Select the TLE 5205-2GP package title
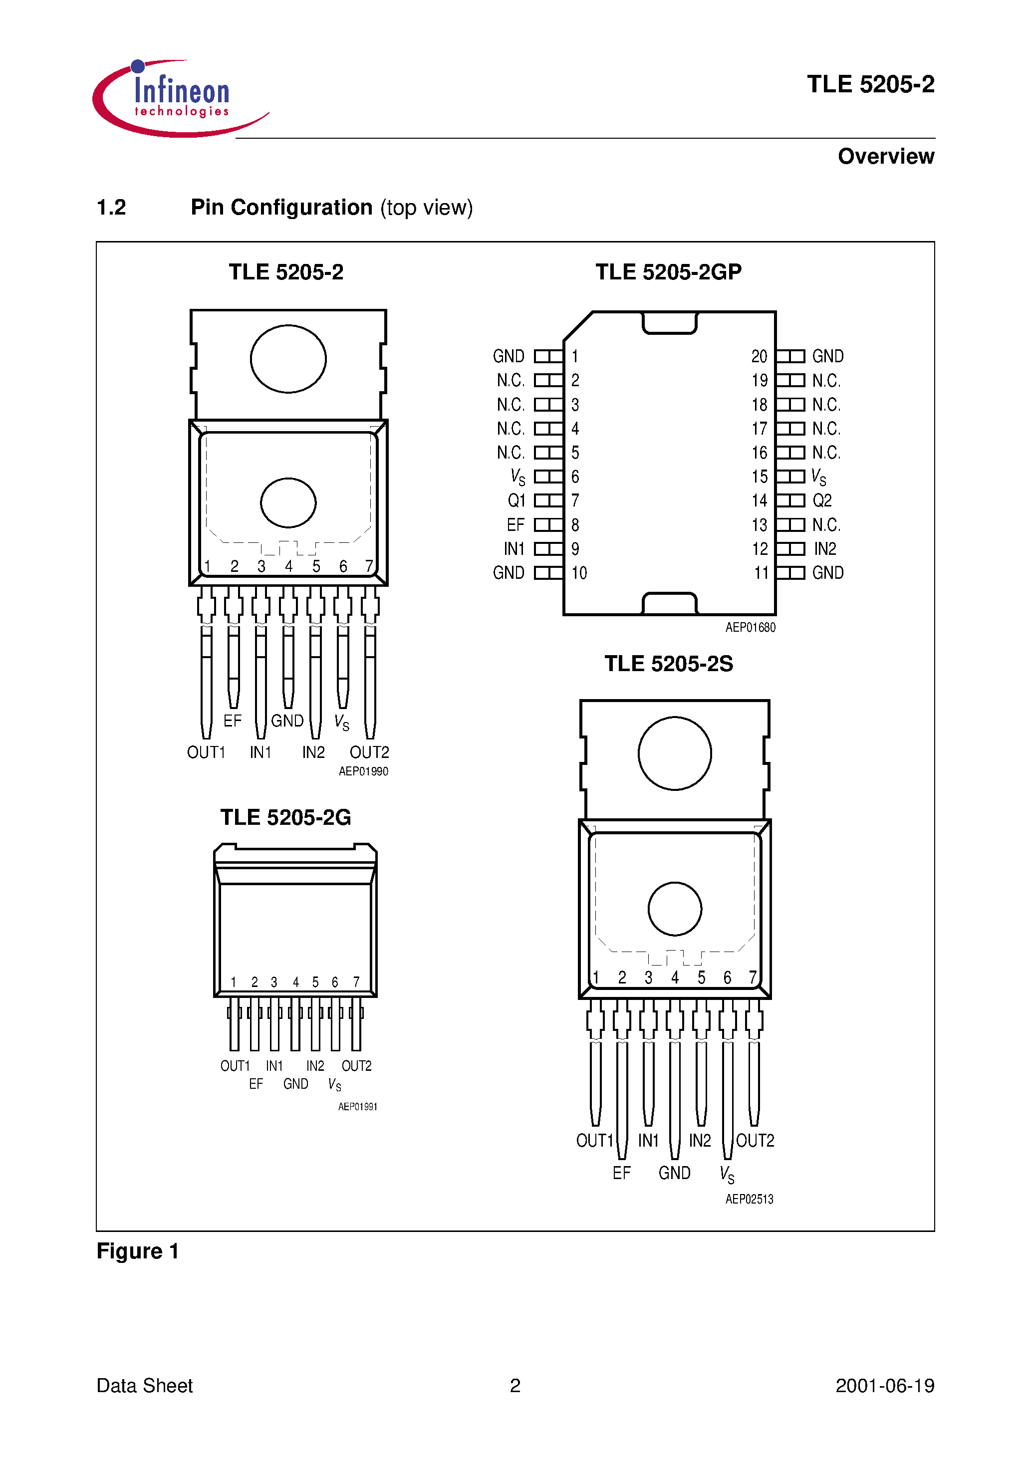pyautogui.click(x=668, y=272)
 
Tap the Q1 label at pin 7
pyautogui.click(x=516, y=501)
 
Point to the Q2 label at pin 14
pyautogui.click(x=822, y=501)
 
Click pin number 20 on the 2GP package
pyautogui.click(x=759, y=356)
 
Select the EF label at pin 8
pyautogui.click(x=515, y=525)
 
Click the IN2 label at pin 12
pyautogui.click(x=824, y=549)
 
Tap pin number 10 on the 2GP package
pyautogui.click(x=579, y=573)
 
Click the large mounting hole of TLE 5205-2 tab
pyautogui.click(x=288, y=359)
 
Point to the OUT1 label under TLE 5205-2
pyautogui.click(x=206, y=752)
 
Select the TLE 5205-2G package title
pyautogui.click(x=285, y=817)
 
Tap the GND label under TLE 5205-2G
pyautogui.click(x=295, y=1084)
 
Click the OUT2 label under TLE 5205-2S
pyautogui.click(x=755, y=1141)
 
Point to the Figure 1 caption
pyautogui.click(x=137, y=1251)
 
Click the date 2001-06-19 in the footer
pyautogui.click(x=884, y=1386)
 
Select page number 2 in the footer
pyautogui.click(x=515, y=1386)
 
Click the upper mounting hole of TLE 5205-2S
pyautogui.click(x=674, y=753)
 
